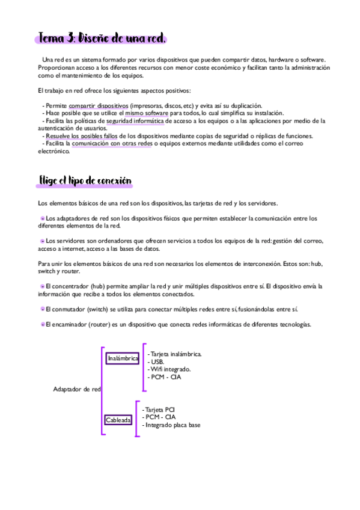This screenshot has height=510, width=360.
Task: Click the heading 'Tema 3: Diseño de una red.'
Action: (x=102, y=38)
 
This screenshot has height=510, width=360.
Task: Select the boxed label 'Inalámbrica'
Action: (x=123, y=358)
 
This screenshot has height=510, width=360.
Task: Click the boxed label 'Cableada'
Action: (x=118, y=420)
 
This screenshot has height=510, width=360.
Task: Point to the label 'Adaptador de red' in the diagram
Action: (x=77, y=389)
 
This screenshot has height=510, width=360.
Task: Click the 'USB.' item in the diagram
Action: (x=157, y=361)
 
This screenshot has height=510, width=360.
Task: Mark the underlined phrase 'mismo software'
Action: (x=147, y=112)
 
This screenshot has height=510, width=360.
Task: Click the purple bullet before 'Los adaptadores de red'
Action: (x=42, y=218)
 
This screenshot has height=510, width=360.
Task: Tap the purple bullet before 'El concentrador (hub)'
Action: (x=42, y=286)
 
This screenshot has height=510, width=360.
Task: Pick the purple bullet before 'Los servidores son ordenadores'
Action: (x=42, y=241)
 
